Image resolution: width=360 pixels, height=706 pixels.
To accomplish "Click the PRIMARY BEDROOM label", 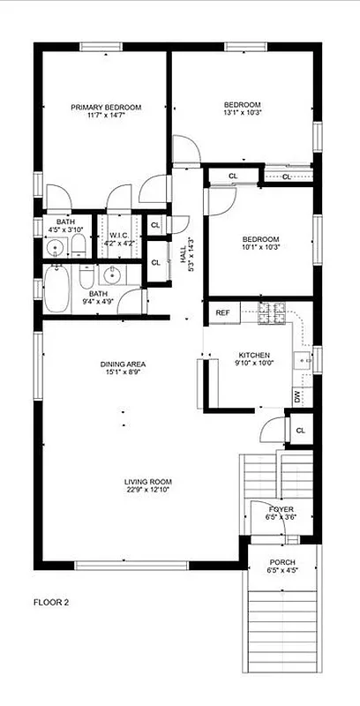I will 106,107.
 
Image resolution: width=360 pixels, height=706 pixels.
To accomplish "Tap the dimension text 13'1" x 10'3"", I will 242,112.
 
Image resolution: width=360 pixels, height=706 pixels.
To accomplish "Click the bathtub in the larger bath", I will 56,291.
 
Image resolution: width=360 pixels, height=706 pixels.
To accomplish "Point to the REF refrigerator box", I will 222,312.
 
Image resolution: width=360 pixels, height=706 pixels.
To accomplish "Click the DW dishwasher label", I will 296,398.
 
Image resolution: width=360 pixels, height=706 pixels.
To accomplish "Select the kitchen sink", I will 303,359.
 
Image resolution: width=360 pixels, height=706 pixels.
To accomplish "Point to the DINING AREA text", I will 123,364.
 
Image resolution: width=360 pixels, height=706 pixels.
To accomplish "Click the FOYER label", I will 281,508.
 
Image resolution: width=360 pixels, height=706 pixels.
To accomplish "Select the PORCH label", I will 282,562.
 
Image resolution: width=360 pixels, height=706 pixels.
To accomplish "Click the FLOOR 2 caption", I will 51,602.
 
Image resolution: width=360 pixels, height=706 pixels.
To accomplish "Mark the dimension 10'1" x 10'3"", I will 261,247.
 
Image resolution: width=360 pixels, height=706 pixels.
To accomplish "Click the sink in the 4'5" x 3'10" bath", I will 55,246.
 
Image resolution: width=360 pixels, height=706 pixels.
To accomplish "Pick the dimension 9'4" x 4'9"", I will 97,302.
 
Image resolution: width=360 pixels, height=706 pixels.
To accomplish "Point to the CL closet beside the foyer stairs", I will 300,431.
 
